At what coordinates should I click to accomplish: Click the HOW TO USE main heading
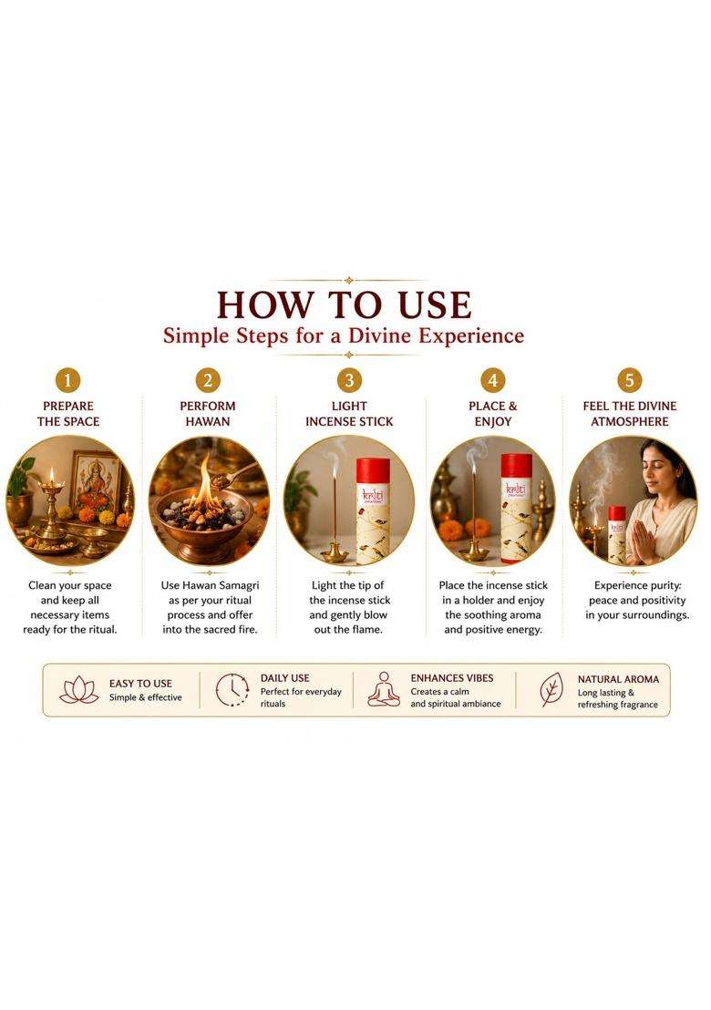pyautogui.click(x=344, y=304)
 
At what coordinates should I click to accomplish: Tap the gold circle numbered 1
pyautogui.click(x=68, y=380)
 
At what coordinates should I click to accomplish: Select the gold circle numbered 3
pyautogui.click(x=349, y=380)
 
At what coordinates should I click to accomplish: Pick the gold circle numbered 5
pyautogui.click(x=630, y=380)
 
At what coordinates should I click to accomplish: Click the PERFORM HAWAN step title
pyautogui.click(x=208, y=414)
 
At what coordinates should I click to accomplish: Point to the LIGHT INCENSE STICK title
pyautogui.click(x=349, y=414)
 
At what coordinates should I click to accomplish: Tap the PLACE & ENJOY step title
pyautogui.click(x=492, y=414)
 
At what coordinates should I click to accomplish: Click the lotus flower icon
pyautogui.click(x=78, y=690)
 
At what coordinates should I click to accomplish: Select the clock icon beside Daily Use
pyautogui.click(x=232, y=690)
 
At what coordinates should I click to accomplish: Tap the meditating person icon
pyautogui.click(x=384, y=690)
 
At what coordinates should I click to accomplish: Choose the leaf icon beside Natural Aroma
pyautogui.click(x=551, y=690)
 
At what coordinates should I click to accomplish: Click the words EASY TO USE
pyautogui.click(x=140, y=684)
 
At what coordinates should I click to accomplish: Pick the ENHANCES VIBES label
pyautogui.click(x=452, y=678)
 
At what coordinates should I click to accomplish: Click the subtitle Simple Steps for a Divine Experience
pyautogui.click(x=344, y=335)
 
